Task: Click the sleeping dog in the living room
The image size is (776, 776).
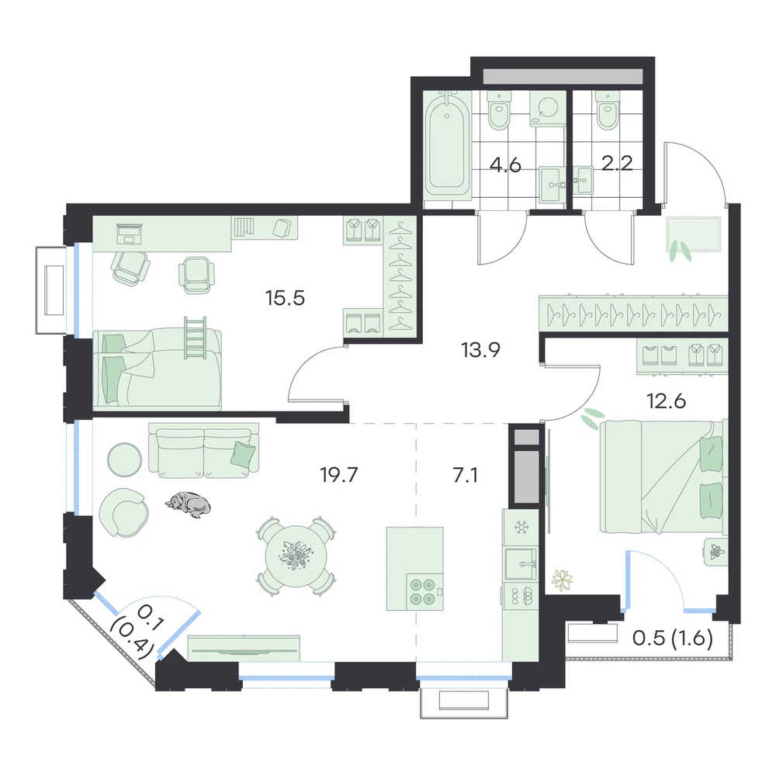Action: click(189, 505)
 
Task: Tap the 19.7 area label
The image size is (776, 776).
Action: click(339, 475)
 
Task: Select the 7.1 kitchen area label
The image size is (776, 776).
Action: click(465, 475)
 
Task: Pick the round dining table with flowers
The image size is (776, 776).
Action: click(296, 556)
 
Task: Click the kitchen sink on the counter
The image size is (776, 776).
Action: click(520, 563)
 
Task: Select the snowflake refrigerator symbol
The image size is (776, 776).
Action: click(521, 528)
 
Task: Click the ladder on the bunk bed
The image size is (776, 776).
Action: click(195, 338)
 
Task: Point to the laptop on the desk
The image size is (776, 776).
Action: click(130, 233)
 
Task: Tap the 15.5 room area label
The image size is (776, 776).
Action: click(285, 298)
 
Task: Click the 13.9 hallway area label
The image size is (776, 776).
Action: click(481, 351)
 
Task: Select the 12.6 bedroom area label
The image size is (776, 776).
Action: click(666, 401)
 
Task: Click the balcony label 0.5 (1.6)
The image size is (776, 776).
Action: click(673, 639)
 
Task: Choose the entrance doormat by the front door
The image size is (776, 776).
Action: click(693, 234)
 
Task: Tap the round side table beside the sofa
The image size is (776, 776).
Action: click(125, 459)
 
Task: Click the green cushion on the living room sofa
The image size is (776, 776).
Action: click(244, 453)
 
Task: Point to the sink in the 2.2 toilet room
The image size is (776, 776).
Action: click(584, 180)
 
